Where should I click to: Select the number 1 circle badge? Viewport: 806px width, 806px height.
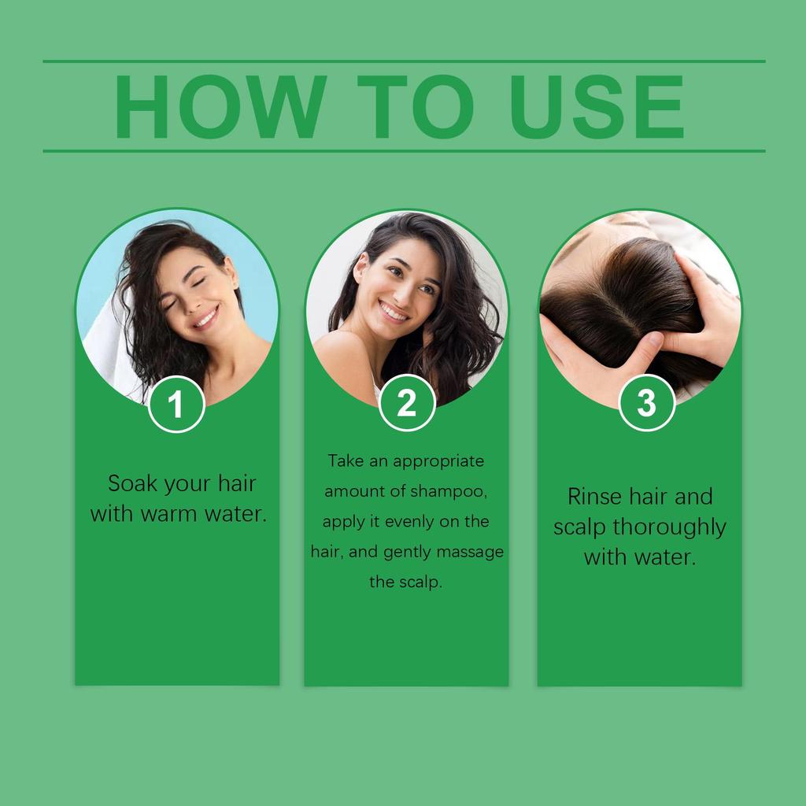click(176, 405)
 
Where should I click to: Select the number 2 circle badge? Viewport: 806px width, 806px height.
click(406, 404)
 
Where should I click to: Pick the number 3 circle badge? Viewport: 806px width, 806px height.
click(645, 403)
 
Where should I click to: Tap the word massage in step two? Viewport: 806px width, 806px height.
click(470, 552)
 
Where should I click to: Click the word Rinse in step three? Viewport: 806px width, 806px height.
click(594, 497)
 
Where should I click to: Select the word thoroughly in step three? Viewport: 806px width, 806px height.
click(669, 527)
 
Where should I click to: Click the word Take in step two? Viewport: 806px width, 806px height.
click(346, 460)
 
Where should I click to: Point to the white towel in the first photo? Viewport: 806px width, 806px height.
click(106, 346)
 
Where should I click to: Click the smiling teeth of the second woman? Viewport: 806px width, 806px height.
click(394, 312)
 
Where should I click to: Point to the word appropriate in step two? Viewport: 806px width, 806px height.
click(438, 461)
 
